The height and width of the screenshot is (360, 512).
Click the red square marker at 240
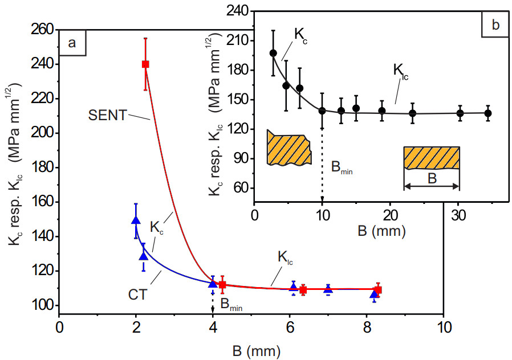pyautogui.click(x=145, y=64)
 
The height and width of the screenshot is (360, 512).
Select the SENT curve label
pyautogui.click(x=107, y=114)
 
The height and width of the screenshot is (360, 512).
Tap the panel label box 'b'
pyautogui.click(x=495, y=25)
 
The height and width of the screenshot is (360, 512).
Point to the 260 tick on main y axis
pyautogui.click(x=46, y=30)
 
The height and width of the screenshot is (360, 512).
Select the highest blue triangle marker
pyautogui.click(x=136, y=220)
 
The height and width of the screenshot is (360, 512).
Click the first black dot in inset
pyautogui.click(x=273, y=53)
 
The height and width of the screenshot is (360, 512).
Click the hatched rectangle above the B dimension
pyautogui.click(x=432, y=158)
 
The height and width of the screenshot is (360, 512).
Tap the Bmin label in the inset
pyautogui.click(x=342, y=166)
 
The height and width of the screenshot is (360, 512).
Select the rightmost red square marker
pyautogui.click(x=378, y=290)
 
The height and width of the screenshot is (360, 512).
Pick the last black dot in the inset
pyautogui.click(x=488, y=113)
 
